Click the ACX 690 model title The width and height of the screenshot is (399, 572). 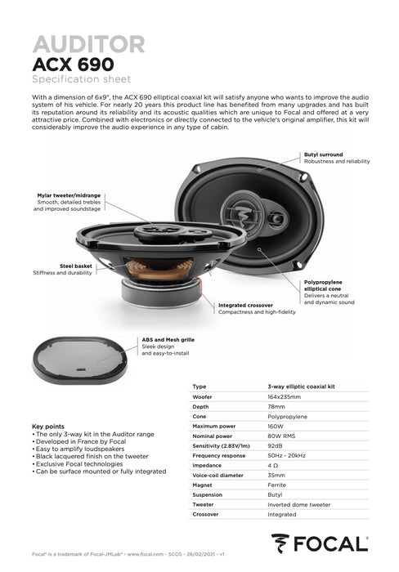coord(73,64)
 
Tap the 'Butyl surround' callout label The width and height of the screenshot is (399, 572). coord(324,154)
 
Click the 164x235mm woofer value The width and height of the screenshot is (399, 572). coord(284,395)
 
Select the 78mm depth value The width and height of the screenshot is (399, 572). coord(276,406)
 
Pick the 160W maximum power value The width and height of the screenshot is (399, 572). coord(276,426)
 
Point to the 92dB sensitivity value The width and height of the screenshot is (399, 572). coord(276,445)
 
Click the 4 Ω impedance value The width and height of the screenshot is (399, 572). coord(273,465)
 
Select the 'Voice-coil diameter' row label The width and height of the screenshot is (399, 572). coord(218,475)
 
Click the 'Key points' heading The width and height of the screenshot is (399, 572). coord(48,427)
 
